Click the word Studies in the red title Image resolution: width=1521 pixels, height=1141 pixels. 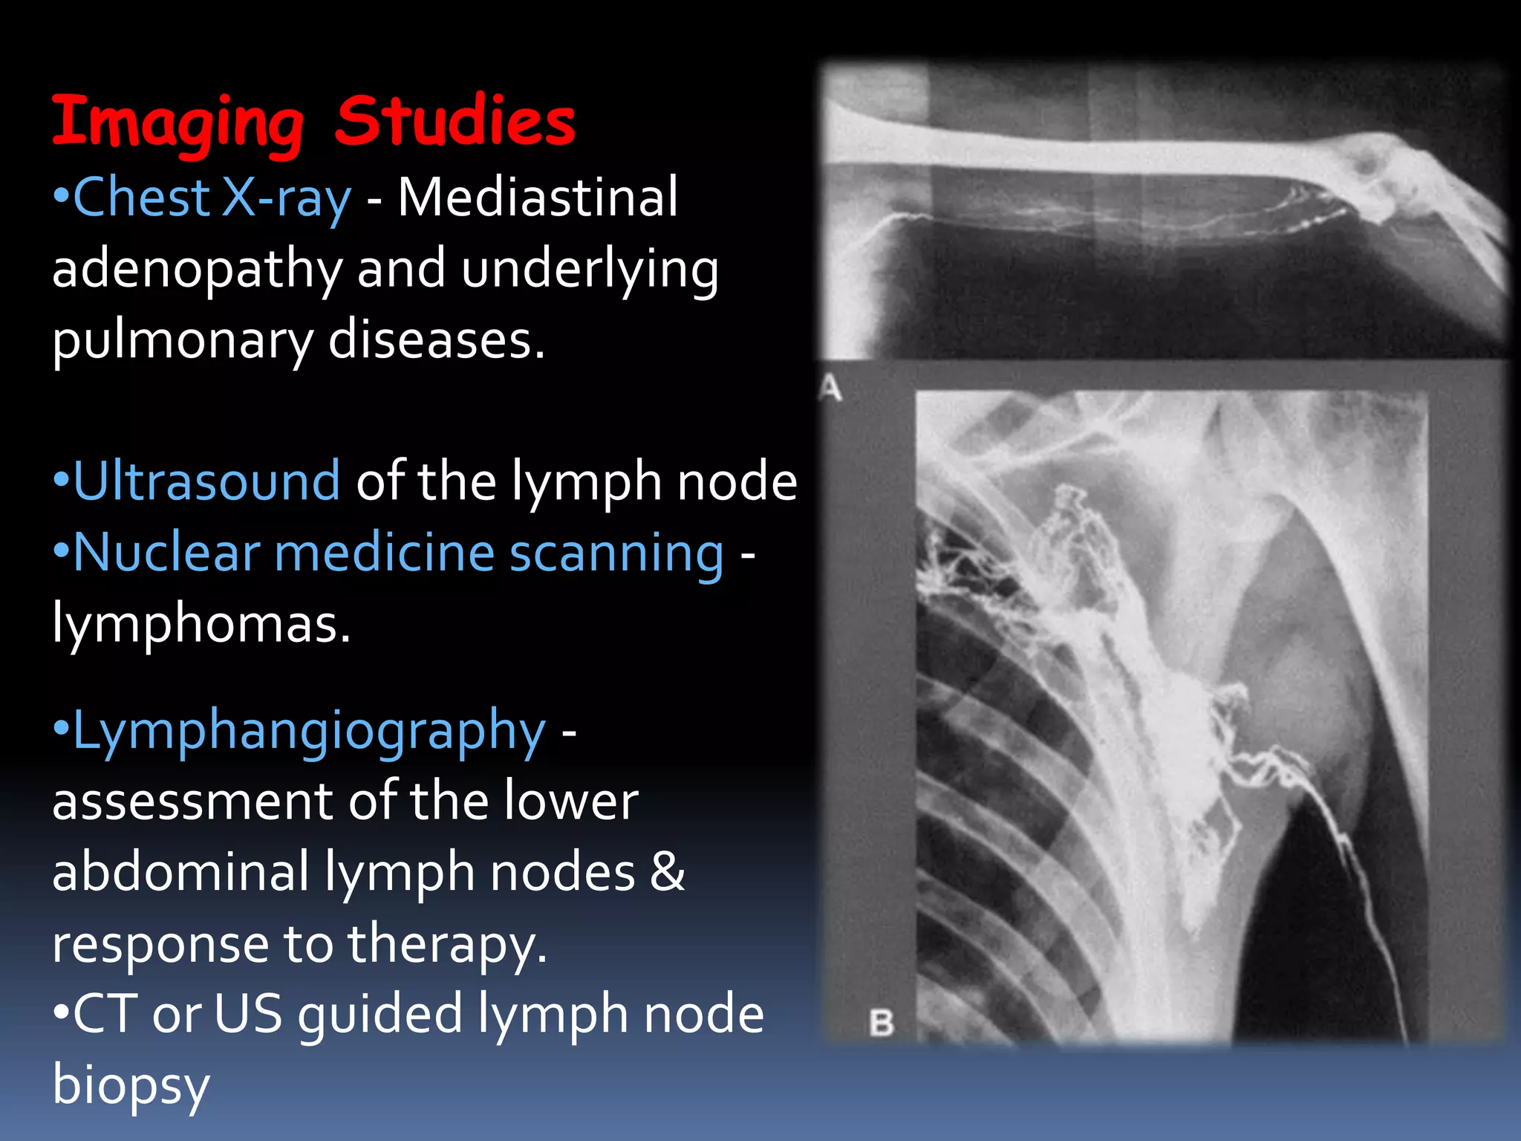coord(455,120)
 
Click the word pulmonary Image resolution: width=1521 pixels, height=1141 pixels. coord(183,341)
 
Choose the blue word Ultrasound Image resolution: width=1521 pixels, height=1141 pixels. coord(206,481)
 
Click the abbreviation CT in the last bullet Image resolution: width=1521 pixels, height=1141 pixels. coord(104,1015)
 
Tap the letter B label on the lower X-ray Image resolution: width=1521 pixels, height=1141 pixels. coord(882,1024)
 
